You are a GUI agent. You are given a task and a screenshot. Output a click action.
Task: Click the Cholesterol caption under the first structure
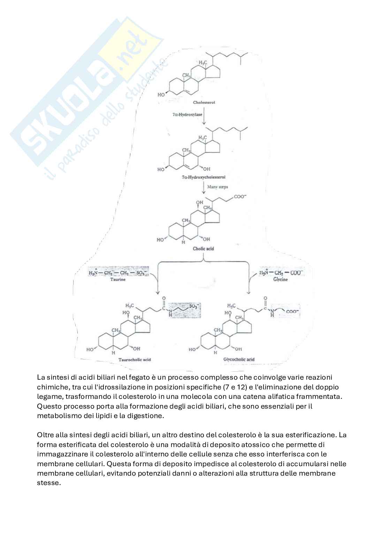[204, 102]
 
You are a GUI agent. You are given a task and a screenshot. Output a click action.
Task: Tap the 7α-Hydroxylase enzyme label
[187, 114]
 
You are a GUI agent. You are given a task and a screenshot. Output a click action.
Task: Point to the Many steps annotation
[218, 187]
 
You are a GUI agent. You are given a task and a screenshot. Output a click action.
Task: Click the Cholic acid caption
[203, 248]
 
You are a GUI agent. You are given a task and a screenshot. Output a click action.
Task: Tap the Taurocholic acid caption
[135, 359]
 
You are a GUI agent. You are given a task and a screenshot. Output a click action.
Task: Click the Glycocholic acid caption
[239, 359]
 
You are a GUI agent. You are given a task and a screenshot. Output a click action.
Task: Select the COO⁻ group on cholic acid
[240, 197]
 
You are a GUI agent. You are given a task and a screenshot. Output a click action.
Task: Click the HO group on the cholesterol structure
[161, 95]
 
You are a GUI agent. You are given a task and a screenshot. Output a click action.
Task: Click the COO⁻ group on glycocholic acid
[292, 311]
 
